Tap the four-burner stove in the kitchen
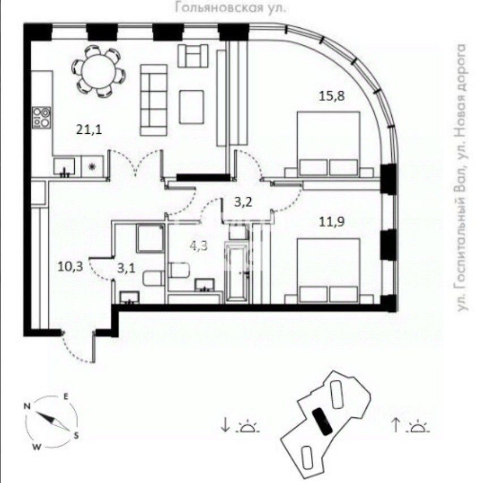[41, 117]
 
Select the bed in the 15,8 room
[328, 145]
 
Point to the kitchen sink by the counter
[66, 166]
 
